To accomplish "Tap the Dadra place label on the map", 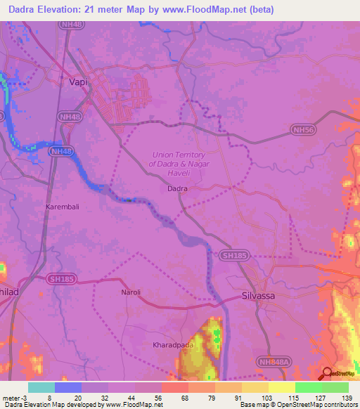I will pyautogui.click(x=177, y=188).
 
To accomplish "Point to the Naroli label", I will pyautogui.click(x=131, y=292).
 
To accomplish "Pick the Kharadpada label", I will pyautogui.click(x=172, y=345).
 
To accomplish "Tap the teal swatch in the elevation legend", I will pyautogui.click(x=41, y=387).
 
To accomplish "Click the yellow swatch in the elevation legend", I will pyautogui.click(x=281, y=387).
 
